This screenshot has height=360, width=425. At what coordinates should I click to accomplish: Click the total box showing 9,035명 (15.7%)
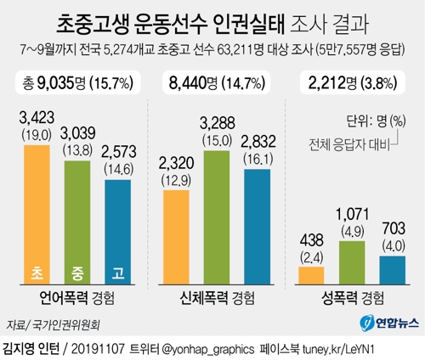77,82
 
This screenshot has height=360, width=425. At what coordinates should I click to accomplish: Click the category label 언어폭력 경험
77,300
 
